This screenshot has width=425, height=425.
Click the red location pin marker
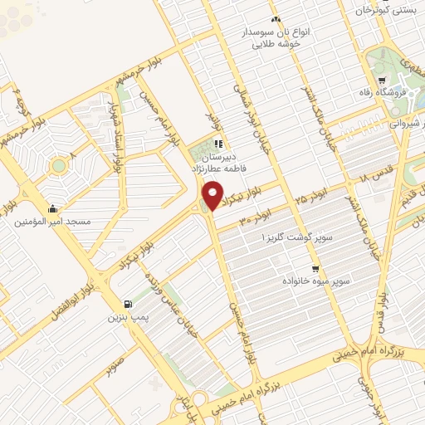213,195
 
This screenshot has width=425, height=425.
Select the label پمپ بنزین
127,317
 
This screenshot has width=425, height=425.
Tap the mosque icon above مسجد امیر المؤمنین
54,208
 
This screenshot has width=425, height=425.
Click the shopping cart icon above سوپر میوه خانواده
315,269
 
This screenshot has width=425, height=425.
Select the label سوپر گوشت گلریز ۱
297,237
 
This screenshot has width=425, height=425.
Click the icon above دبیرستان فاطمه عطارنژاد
218,144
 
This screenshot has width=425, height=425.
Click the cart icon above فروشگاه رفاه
381,81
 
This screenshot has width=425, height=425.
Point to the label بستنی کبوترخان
384,11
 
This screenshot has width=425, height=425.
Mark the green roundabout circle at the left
58,165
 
